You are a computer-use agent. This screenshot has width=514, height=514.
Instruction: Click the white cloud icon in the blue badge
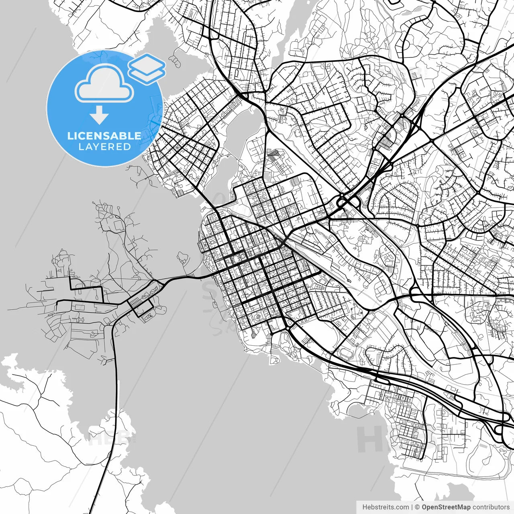(x=104, y=83)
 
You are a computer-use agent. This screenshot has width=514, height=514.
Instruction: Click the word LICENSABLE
(x=104, y=136)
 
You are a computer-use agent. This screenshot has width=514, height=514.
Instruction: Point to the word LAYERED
(x=104, y=147)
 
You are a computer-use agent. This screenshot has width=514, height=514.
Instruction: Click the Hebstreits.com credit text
(x=385, y=507)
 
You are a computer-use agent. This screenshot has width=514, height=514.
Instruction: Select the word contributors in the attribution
(x=491, y=507)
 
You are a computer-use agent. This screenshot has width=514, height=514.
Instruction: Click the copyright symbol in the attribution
(x=417, y=507)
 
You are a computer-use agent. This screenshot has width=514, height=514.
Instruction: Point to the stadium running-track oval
(x=345, y=354)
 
